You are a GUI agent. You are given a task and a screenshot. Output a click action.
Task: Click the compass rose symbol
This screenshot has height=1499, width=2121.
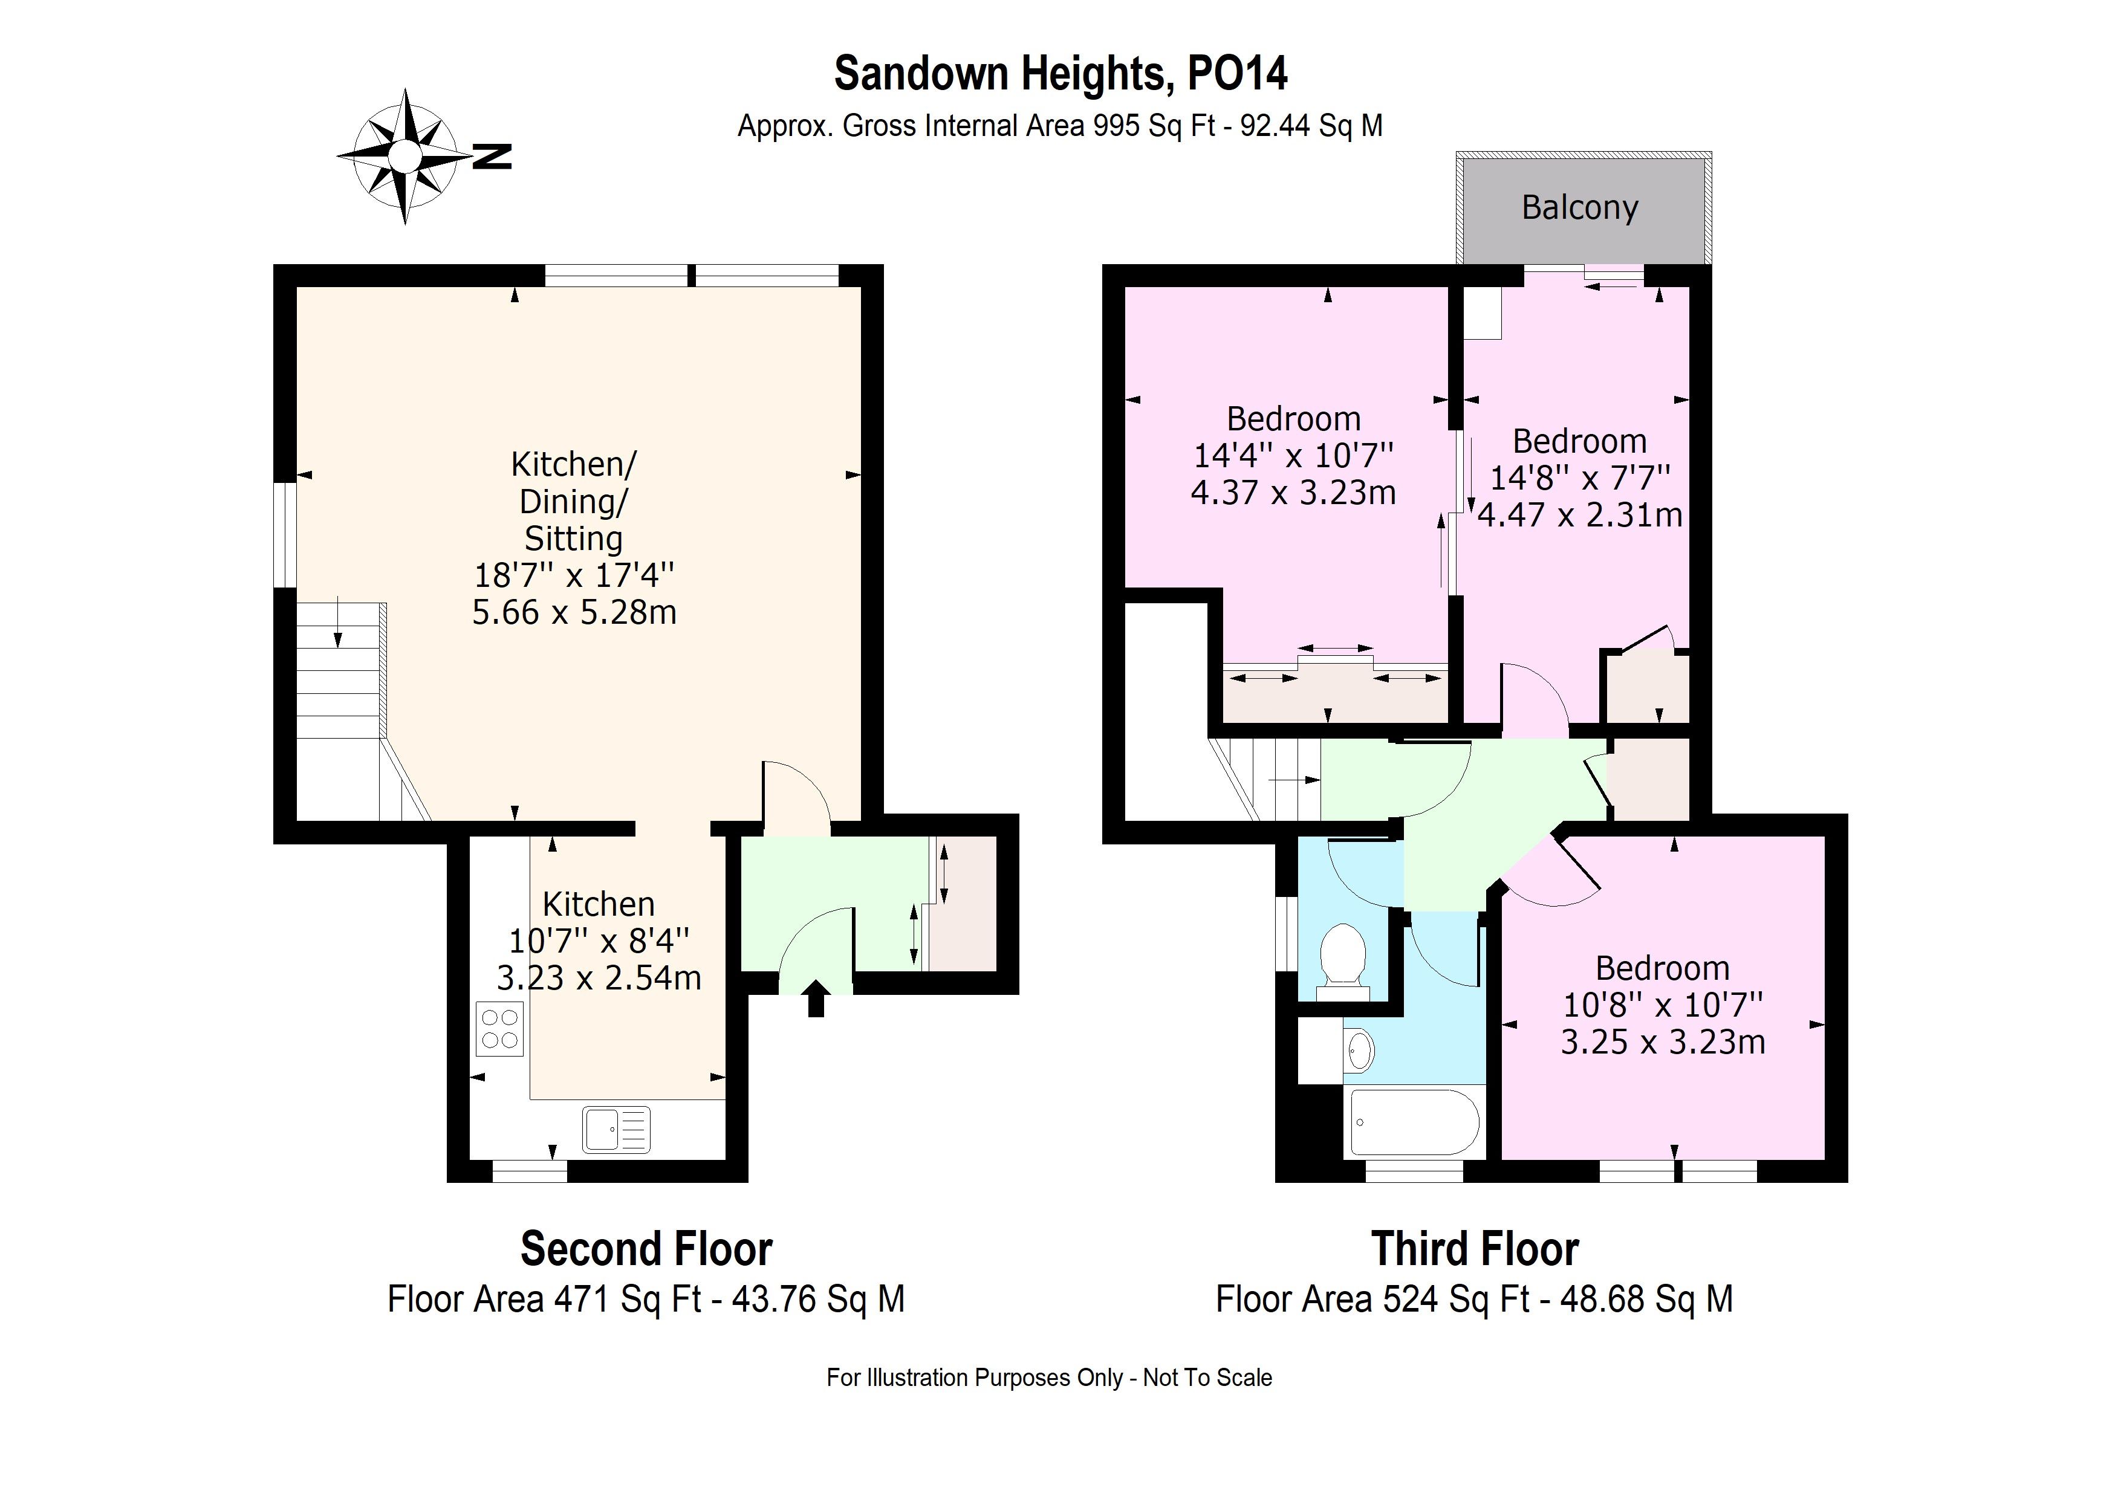click(x=404, y=156)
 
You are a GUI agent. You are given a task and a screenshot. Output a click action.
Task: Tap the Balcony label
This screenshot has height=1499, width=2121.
click(x=1580, y=208)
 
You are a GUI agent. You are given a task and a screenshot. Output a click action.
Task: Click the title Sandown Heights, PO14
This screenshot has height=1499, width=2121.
click(x=1060, y=73)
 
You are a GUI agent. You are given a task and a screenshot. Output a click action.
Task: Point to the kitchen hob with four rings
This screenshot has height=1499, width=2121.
click(x=500, y=1029)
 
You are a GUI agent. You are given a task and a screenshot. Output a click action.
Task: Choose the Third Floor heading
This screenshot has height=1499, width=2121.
click(x=1474, y=1249)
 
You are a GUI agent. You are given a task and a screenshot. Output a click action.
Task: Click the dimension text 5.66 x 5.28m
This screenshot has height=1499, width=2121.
click(x=574, y=612)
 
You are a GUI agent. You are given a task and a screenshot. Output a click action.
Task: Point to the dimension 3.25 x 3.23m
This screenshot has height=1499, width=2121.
click(x=1662, y=1042)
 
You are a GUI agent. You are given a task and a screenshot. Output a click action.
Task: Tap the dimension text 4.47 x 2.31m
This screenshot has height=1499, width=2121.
click(x=1580, y=514)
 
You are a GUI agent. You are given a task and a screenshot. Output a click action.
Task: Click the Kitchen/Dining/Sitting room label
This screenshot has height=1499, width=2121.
click(x=574, y=500)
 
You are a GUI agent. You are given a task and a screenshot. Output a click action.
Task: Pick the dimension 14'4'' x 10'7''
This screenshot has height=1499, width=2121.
click(x=1293, y=455)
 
